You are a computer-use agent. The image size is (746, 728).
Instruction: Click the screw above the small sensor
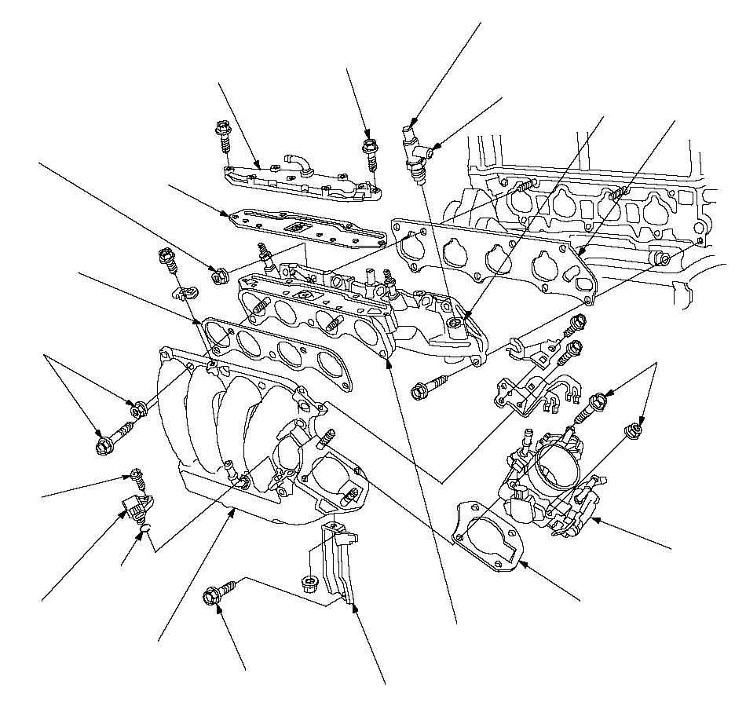137,476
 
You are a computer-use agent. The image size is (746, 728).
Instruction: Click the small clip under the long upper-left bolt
183,294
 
